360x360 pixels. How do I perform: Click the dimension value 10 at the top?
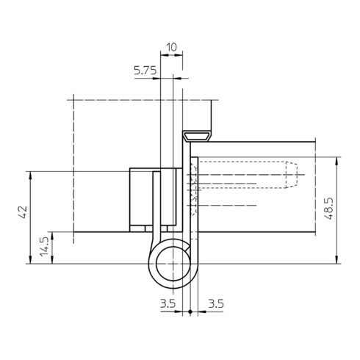click(172, 47)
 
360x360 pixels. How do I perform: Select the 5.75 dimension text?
click(145, 71)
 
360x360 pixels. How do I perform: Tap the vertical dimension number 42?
click(23, 212)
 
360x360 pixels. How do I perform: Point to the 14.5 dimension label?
click(45, 247)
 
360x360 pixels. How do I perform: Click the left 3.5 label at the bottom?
click(168, 304)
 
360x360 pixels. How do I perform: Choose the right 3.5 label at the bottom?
click(216, 304)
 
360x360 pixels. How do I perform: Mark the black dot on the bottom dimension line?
click(190, 312)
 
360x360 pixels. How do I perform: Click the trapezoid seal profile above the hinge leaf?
click(197, 136)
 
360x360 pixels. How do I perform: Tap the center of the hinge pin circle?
click(173, 264)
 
